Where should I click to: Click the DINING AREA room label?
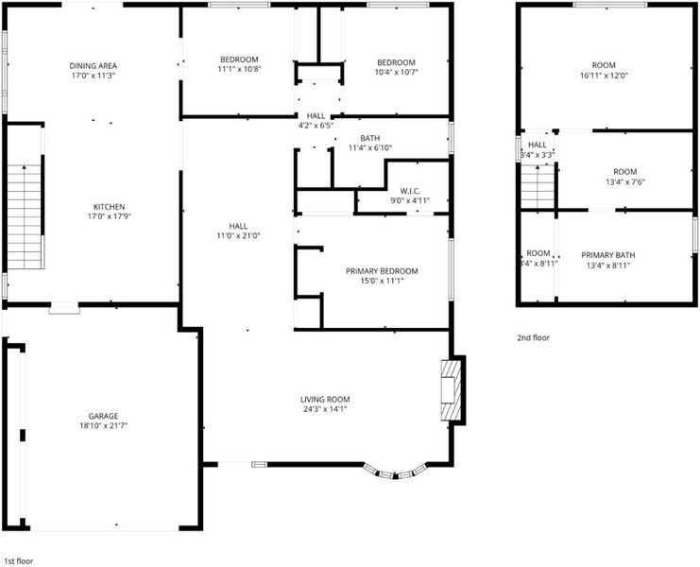[93, 66]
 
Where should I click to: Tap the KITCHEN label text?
[109, 207]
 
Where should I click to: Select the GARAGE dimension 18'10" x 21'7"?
[104, 426]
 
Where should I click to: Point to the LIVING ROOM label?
[325, 400]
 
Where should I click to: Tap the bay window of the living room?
[395, 472]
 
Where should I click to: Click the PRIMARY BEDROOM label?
[382, 271]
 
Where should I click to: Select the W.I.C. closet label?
[410, 191]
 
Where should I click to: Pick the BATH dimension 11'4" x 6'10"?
[370, 147]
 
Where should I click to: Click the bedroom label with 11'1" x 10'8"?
[239, 60]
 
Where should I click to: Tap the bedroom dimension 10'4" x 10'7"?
[397, 72]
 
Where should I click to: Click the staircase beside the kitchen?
[25, 216]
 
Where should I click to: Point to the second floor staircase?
[538, 186]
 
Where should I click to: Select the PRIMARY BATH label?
[608, 255]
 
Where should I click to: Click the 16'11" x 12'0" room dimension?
[604, 76]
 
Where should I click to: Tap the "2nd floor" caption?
[533, 338]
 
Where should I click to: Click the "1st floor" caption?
[18, 561]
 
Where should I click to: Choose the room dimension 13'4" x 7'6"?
[625, 182]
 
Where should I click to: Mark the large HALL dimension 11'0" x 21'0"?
[238, 235]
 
